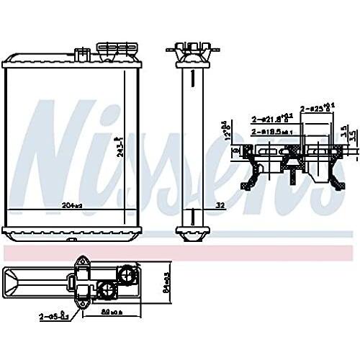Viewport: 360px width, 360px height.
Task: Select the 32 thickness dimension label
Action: tap(220, 205)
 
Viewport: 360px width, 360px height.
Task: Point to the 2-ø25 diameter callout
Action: tap(318, 107)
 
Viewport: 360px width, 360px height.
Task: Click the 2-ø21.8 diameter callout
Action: tap(269, 118)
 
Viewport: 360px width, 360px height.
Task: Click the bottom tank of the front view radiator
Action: tap(69, 232)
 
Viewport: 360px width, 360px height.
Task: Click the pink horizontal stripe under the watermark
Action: tap(180, 253)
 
